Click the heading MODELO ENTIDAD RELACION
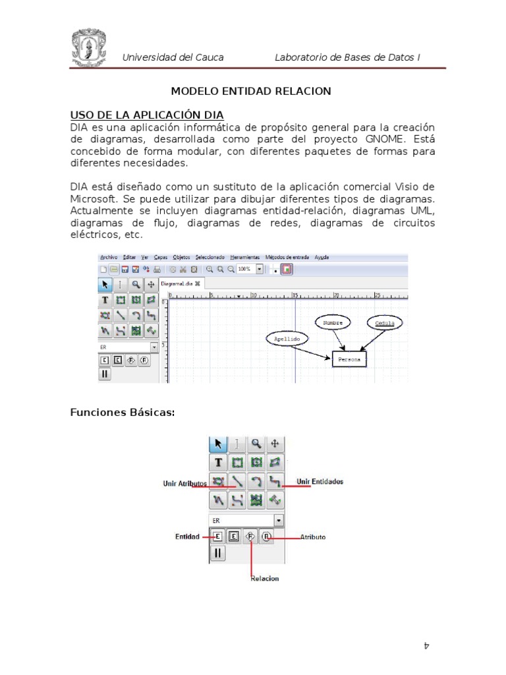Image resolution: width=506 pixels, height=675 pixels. pos(251,91)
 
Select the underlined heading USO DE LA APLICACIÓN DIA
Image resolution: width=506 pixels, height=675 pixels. pos(147,113)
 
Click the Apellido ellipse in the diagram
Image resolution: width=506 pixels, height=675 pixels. pos(286,338)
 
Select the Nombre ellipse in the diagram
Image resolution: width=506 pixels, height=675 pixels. pos(333,322)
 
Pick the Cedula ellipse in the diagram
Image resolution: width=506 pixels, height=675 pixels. pos(385,323)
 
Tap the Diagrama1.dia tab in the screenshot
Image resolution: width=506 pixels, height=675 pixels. pos(181,283)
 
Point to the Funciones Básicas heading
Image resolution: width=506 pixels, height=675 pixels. pos(123,413)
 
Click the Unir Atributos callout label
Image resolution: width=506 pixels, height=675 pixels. pos(185,483)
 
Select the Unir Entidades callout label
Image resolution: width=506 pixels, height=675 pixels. pos(320,482)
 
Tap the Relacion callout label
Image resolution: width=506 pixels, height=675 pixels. pos(264,578)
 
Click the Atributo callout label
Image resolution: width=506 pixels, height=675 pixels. pos(313,537)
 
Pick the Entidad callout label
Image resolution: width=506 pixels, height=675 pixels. pos(187,537)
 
